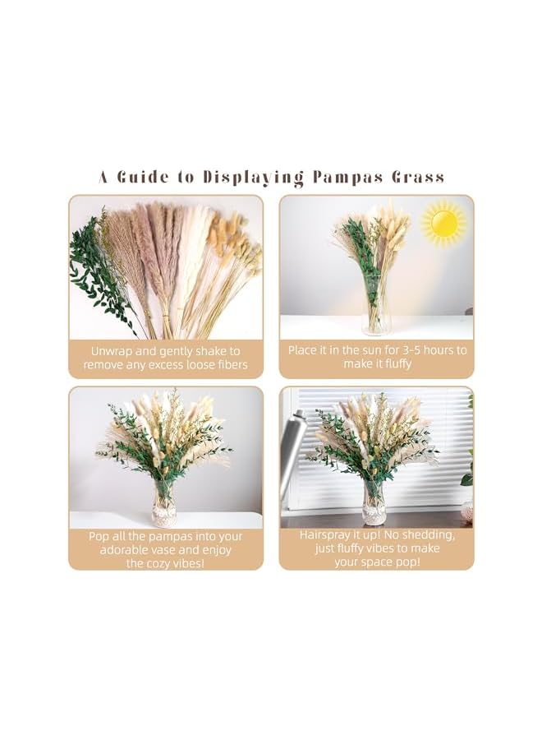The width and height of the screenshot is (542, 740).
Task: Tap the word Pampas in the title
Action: click(x=339, y=177)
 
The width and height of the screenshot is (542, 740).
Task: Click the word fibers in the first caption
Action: click(x=230, y=365)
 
